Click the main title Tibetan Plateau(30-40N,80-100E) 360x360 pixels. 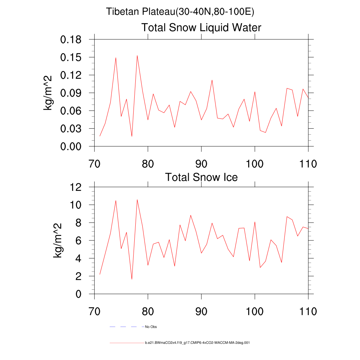pos(180,12)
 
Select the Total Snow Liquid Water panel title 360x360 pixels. pos(201,27)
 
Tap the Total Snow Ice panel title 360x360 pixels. pos(201,177)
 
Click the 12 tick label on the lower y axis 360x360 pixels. pos(76,187)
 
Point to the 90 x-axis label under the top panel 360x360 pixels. pos(201,163)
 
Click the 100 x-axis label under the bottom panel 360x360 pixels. pos(255,311)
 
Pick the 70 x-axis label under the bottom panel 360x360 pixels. pos(94,311)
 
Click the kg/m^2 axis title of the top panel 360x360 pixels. pos(48,93)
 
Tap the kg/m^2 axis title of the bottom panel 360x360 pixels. pos(58,240)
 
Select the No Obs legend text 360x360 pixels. pos(151,327)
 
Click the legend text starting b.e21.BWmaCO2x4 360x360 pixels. pos(197,342)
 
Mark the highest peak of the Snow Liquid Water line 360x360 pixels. pos(137,56)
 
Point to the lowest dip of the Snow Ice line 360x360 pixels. pos(132,279)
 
